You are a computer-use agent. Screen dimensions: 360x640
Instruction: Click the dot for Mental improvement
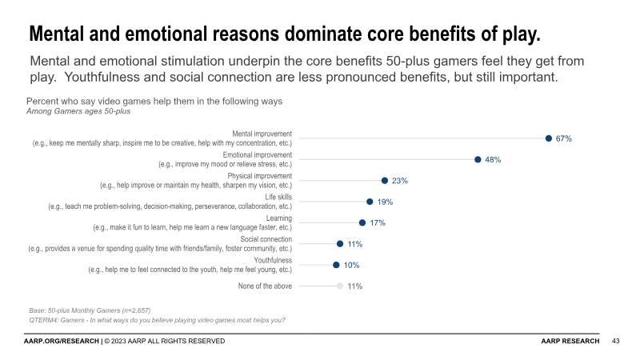click(548, 138)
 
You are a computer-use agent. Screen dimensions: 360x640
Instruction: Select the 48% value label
click(493, 160)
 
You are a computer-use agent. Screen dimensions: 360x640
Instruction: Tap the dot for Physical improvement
click(385, 181)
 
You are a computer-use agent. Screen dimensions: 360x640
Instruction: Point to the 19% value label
click(385, 202)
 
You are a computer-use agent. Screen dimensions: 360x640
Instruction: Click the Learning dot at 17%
click(362, 223)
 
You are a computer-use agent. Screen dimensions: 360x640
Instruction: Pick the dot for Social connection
click(340, 244)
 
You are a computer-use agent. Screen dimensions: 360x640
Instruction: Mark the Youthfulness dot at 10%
click(336, 265)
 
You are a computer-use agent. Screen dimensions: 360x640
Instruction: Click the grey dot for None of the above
click(340, 286)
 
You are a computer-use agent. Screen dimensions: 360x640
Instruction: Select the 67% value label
click(563, 139)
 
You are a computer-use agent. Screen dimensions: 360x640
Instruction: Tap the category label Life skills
click(278, 197)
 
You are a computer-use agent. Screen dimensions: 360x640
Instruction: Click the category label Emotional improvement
click(258, 154)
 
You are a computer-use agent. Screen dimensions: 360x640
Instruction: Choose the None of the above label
click(265, 286)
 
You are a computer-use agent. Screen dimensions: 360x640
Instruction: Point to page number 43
click(615, 342)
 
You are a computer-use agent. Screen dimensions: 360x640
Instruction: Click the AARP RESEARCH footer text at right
click(570, 342)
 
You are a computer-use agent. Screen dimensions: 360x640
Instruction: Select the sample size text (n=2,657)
click(129, 310)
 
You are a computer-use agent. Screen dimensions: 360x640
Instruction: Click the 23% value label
click(400, 181)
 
